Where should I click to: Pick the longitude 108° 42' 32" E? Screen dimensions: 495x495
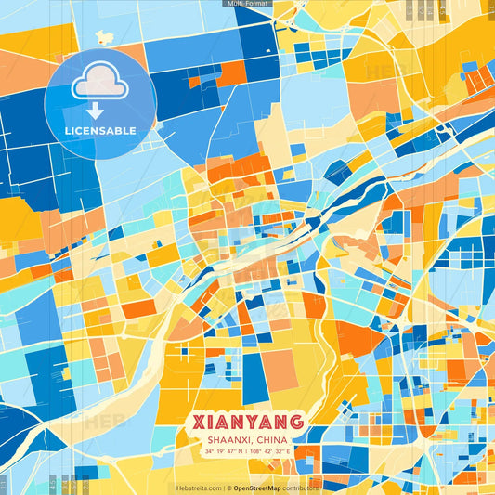270,452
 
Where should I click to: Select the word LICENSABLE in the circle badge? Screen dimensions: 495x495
99,131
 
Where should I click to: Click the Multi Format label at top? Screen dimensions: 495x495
247,4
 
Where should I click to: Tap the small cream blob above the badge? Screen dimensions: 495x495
104,38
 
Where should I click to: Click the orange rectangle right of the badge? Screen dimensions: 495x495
231,73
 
